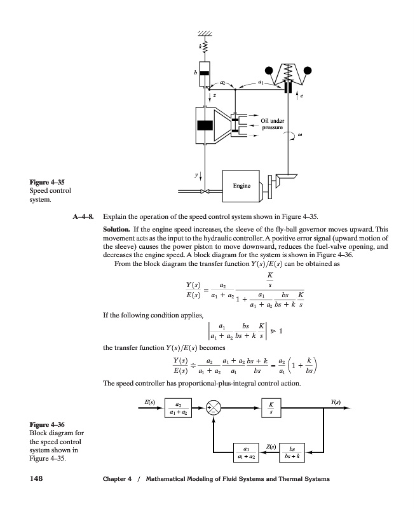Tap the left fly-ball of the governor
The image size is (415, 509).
coord(269,70)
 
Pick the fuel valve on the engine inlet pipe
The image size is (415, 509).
coord(205,190)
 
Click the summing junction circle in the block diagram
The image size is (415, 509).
coord(214,408)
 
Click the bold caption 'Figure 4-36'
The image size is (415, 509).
coord(47,424)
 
